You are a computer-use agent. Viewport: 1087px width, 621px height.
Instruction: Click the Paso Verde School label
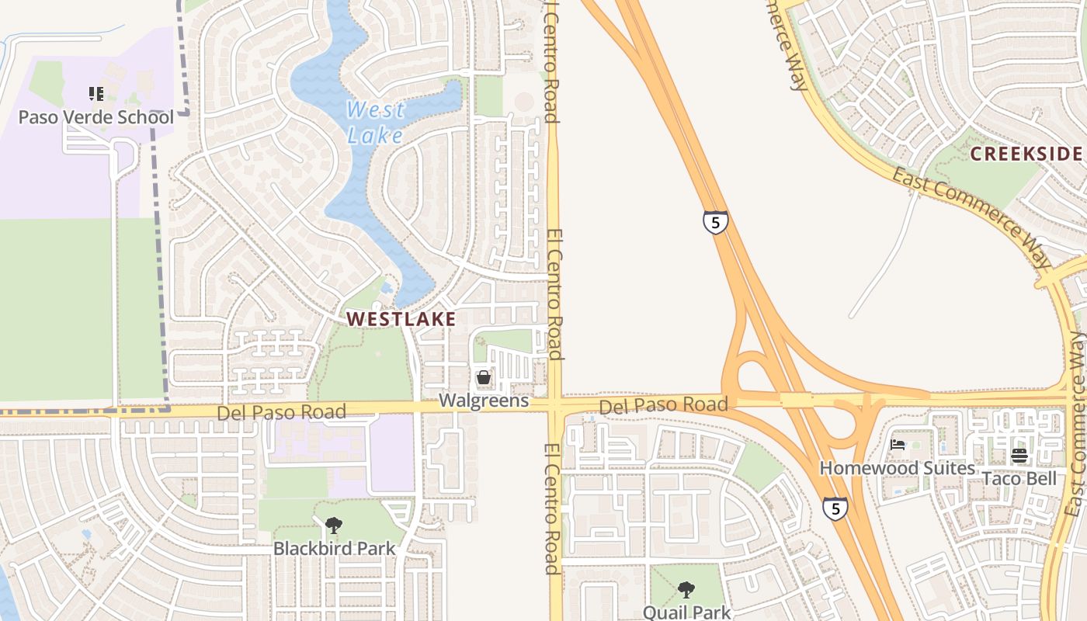coord(96,117)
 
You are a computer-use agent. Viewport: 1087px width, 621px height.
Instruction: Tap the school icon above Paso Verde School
coord(96,95)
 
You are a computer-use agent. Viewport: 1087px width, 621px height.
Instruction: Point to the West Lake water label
coord(375,122)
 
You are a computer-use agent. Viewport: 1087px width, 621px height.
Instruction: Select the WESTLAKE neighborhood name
coord(401,318)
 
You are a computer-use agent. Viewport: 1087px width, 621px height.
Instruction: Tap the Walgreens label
coord(484,401)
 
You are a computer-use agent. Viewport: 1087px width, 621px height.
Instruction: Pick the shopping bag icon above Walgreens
coord(484,378)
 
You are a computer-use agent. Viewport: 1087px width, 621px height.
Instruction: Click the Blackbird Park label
coord(334,548)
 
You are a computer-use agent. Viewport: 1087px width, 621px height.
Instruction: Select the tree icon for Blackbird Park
coord(333,526)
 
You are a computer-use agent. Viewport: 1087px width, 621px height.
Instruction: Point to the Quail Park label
coord(686,612)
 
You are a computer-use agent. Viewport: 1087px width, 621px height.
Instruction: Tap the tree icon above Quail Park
coord(686,590)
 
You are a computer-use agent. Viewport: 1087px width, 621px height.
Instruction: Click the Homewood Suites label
coord(898,468)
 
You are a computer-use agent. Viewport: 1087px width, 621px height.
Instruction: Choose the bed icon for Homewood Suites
coord(898,446)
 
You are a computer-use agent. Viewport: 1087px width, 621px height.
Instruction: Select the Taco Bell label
coord(1019,478)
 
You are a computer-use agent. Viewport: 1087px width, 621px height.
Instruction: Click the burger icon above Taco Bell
coord(1019,456)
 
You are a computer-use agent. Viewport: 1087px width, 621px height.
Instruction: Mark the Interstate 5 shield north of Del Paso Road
coord(715,222)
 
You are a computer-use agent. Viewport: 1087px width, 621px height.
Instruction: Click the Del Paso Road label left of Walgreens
coord(281,412)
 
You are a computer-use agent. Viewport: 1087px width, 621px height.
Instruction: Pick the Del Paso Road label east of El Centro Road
coord(663,404)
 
